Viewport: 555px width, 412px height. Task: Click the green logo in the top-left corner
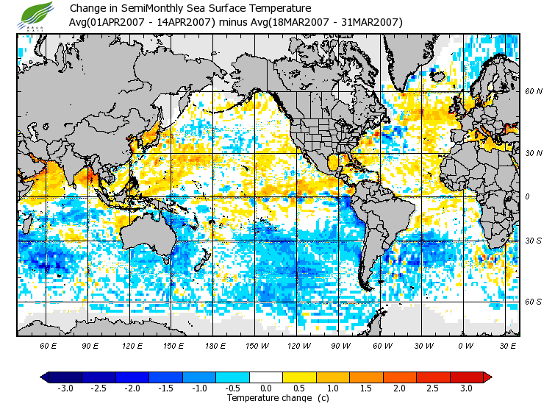click(37, 15)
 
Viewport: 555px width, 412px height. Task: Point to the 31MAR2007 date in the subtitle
click(369, 22)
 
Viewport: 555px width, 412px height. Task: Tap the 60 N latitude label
click(534, 92)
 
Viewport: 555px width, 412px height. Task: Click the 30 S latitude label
click(534, 241)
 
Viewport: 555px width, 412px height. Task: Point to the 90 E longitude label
click(90, 345)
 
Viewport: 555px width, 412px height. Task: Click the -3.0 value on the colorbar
click(65, 388)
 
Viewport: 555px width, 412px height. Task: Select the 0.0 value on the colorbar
click(266, 388)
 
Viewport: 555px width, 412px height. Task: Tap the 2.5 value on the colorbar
click(433, 388)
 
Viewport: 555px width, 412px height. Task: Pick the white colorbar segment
click(266, 377)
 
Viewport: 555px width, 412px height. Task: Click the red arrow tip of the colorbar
click(487, 377)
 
